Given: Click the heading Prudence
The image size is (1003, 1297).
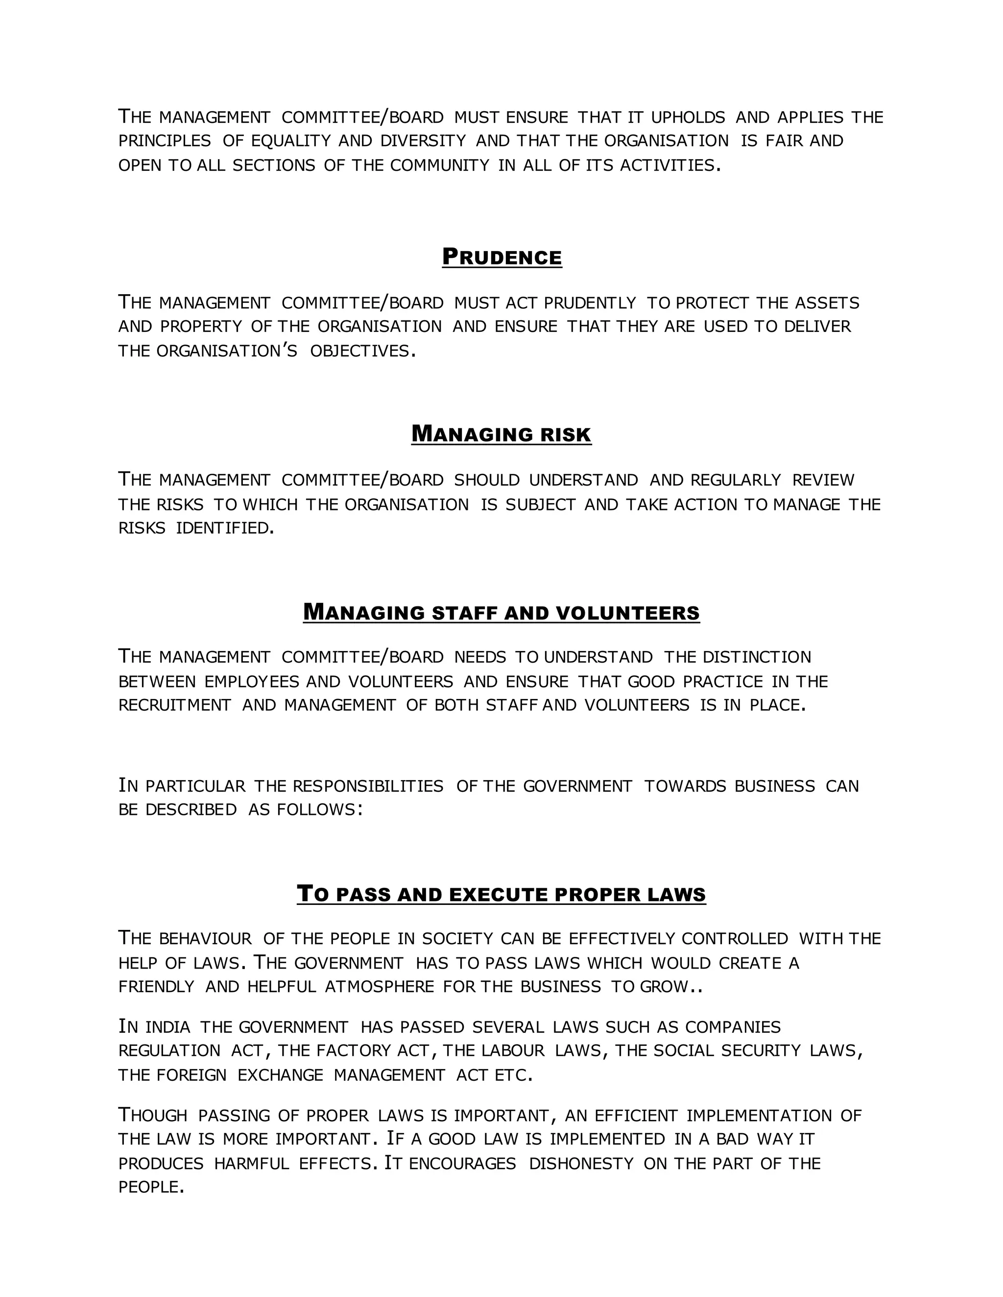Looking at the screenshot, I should (501, 257).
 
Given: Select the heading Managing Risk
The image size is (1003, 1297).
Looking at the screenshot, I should (501, 434).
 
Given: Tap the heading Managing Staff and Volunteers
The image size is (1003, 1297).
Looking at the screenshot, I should (501, 612).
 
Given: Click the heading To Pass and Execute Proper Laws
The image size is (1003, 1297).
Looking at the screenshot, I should (501, 894).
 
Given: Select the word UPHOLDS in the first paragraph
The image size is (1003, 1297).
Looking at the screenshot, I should (688, 117).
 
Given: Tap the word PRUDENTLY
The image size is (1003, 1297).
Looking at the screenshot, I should (590, 303).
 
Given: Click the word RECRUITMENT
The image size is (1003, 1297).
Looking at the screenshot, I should (175, 705).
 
